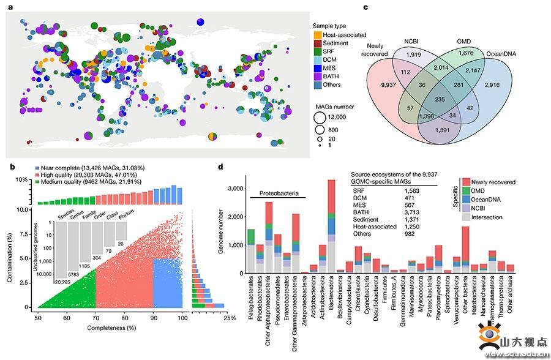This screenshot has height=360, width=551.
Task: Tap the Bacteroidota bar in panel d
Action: coord(331,227)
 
